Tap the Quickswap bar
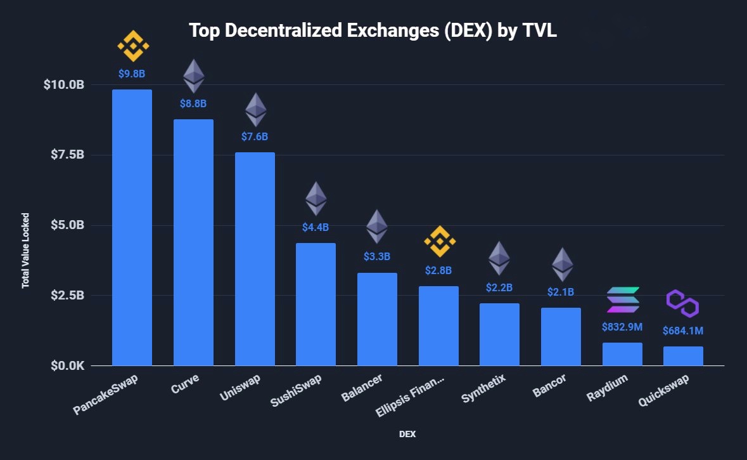[683, 356]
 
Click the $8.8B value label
[193, 103]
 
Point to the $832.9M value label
[622, 327]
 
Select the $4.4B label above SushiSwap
[316, 227]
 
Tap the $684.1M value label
[683, 331]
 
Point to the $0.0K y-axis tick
[64, 366]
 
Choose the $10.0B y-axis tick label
[63, 85]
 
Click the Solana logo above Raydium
[623, 299]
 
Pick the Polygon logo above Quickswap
[682, 303]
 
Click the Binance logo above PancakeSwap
[133, 46]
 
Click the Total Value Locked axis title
[26, 251]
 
